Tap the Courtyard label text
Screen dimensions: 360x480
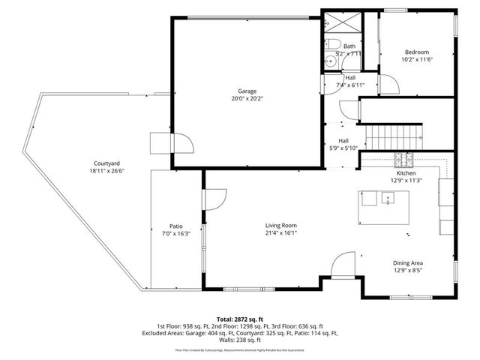(x=107, y=163)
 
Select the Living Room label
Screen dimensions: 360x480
(x=281, y=225)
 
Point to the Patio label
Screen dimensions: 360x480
(x=176, y=226)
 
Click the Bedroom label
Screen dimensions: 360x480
(x=417, y=51)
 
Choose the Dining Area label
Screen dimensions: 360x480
(x=408, y=262)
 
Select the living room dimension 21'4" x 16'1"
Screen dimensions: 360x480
(x=281, y=232)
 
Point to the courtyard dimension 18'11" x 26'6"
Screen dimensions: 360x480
(x=107, y=170)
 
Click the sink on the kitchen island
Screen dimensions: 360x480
(x=388, y=199)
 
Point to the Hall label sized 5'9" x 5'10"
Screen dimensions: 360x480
(x=343, y=140)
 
